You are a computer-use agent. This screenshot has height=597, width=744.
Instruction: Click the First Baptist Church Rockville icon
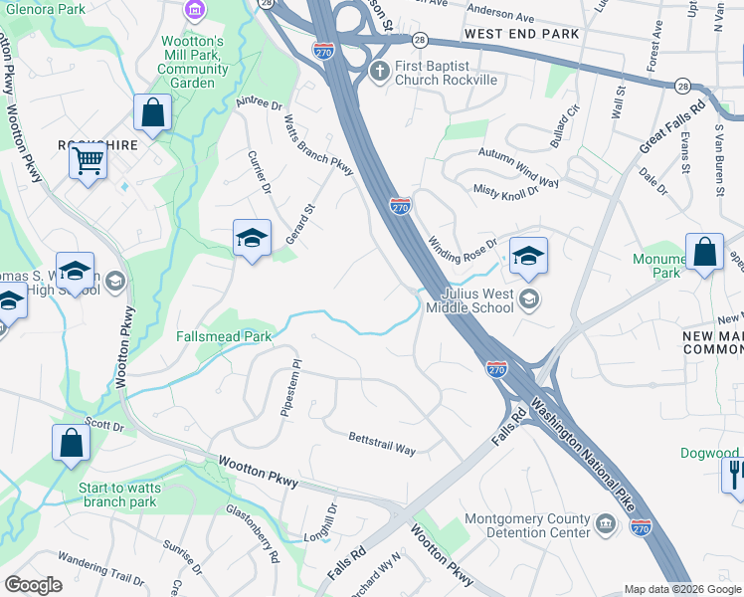(x=378, y=72)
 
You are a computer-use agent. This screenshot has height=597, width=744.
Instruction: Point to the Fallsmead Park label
(x=224, y=337)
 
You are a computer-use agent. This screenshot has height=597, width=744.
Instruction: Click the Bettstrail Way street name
(x=382, y=443)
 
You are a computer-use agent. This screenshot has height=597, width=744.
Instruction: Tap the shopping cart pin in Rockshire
(x=89, y=159)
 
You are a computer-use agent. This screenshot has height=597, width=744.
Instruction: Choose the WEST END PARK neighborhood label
(x=521, y=35)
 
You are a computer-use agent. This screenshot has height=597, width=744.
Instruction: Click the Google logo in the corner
(x=33, y=585)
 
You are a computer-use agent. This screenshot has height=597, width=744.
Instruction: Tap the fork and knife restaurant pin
(x=735, y=472)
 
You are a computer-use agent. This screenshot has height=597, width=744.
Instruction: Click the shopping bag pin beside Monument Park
(x=704, y=253)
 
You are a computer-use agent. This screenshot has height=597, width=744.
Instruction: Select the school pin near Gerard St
(x=252, y=238)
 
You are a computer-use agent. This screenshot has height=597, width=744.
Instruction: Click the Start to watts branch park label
(x=118, y=495)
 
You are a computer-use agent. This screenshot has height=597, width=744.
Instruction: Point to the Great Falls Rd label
(x=672, y=126)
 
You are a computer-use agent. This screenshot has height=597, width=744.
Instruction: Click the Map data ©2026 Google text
(x=681, y=589)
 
